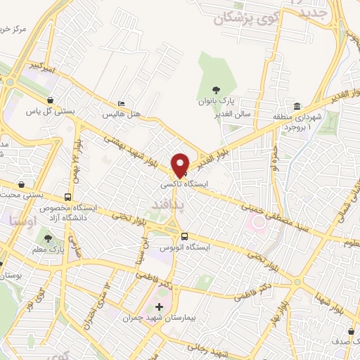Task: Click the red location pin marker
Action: pos(181,165)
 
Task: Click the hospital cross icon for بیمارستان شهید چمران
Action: pos(159,307)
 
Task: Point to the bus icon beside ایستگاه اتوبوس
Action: pos(184,236)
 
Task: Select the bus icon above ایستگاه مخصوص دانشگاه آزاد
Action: pos(67,198)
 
